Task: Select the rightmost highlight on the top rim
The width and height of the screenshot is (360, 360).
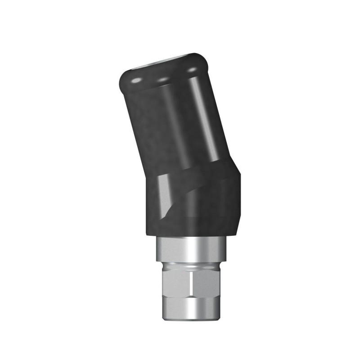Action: coord(192,71)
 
